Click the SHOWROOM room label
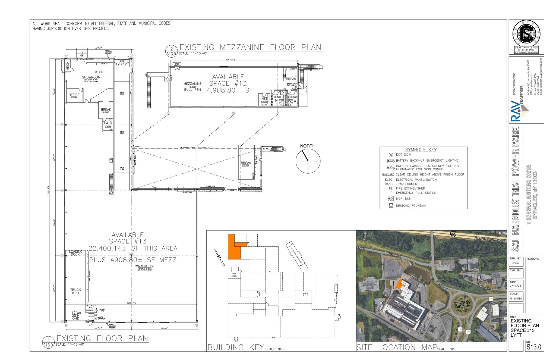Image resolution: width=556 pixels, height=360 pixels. tap(91, 77)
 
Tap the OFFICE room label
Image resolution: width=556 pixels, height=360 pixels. tap(74, 95)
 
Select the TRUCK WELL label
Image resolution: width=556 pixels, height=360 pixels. tap(76, 291)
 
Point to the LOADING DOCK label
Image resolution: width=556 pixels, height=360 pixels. tap(75, 253)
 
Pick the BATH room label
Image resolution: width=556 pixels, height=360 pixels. tap(108, 123)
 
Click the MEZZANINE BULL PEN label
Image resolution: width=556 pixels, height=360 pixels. tap(192, 87)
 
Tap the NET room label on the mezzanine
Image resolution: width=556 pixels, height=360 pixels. tap(264, 99)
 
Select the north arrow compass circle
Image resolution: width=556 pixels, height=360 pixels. tap(308, 161)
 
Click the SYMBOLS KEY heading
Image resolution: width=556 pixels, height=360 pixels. tap(421, 150)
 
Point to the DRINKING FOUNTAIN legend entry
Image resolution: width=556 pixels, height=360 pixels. tap(410, 206)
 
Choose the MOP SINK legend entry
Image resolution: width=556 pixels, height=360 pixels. tap(403, 199)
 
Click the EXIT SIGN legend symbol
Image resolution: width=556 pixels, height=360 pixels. tap(391, 155)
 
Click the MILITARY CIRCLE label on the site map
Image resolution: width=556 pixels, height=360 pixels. tap(462, 305)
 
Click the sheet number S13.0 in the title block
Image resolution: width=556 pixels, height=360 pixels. tap(534, 347)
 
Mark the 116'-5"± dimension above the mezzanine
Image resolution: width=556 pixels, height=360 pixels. tap(230, 60)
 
